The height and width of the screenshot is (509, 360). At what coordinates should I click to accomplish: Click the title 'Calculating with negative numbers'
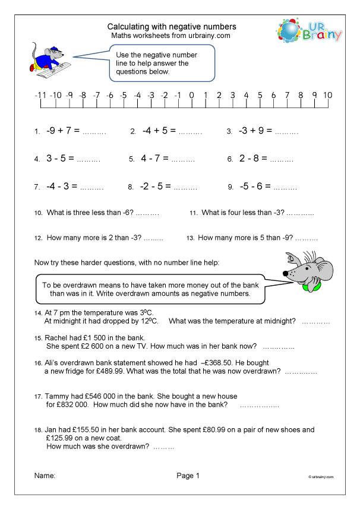pos(171,27)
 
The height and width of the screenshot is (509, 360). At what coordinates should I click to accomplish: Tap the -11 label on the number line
pos(40,95)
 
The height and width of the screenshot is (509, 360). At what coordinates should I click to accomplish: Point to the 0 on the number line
pos(191,95)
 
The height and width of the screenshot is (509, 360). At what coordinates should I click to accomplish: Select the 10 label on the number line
pos(327,95)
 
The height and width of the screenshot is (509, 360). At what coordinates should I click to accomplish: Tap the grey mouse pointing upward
pos(305,271)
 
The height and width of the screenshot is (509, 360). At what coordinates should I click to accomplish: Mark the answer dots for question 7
pos(91,187)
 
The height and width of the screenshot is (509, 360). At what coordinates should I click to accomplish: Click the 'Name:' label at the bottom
pos(45,476)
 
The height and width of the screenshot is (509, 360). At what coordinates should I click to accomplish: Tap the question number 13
pos(191,238)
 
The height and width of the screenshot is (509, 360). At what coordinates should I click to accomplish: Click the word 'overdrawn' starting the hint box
pos(80,284)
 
